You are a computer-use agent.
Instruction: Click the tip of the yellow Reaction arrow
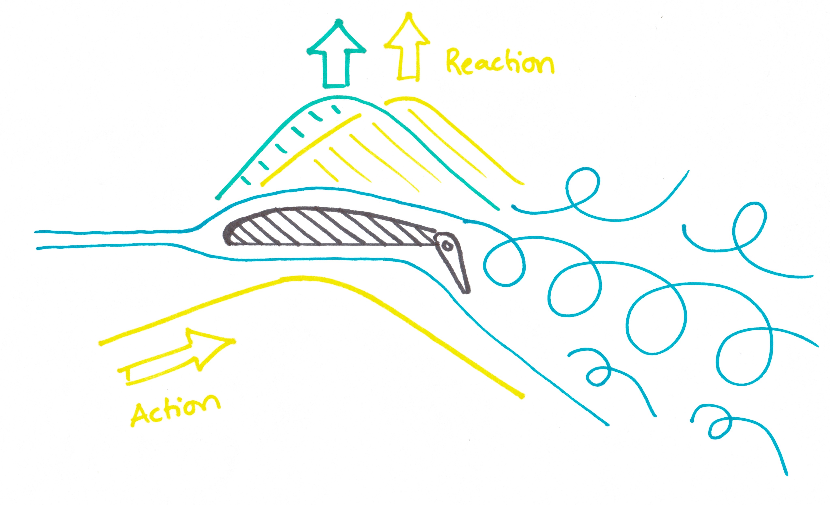click(409, 14)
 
